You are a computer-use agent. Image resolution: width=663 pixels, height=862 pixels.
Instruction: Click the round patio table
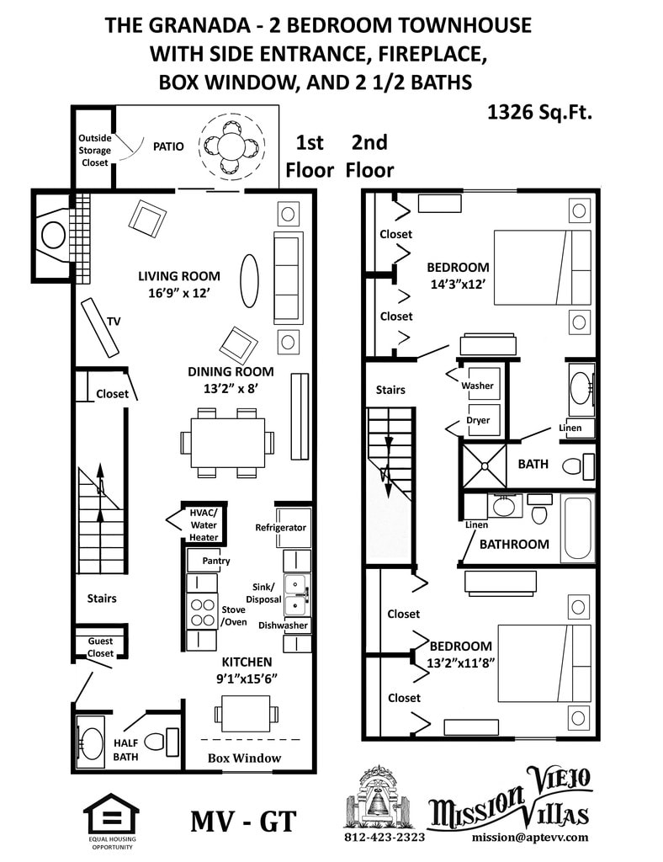click(231, 146)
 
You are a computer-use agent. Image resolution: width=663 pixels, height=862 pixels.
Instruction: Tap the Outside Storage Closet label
click(94, 150)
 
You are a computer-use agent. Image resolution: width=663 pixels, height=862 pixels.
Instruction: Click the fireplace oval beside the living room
click(53, 235)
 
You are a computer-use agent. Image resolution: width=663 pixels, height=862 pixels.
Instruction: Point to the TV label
click(114, 321)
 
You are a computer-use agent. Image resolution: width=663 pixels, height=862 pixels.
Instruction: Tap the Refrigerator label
click(281, 528)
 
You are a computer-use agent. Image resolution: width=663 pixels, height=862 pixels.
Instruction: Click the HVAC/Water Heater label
click(204, 524)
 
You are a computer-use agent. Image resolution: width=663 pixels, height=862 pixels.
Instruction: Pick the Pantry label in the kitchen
click(215, 561)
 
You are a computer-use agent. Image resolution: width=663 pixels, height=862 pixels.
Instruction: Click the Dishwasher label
click(284, 625)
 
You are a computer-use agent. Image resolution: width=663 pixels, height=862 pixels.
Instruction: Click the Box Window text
click(244, 758)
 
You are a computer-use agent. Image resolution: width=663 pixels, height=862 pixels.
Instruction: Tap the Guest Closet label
click(100, 646)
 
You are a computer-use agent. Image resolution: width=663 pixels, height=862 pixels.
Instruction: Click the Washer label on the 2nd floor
click(476, 386)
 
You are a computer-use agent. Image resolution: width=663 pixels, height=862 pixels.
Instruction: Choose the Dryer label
click(478, 420)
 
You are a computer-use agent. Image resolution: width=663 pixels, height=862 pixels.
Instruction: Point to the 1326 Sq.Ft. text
click(539, 112)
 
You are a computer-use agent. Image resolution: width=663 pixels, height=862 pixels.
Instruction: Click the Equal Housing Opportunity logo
click(110, 817)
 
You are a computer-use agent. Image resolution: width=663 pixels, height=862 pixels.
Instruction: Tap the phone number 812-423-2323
click(385, 838)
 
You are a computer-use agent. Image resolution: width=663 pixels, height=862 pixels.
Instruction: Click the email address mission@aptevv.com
click(530, 838)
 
